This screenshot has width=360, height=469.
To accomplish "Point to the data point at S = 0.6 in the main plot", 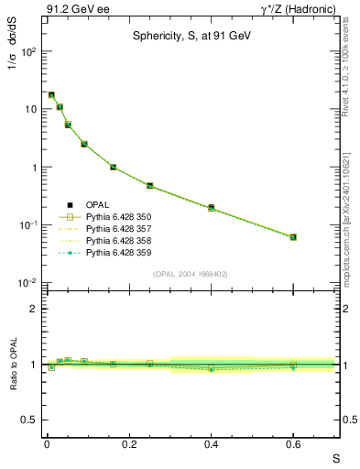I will (293, 237).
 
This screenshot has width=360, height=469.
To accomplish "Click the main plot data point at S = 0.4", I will (211, 208).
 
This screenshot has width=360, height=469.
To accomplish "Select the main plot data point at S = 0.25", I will (149, 186).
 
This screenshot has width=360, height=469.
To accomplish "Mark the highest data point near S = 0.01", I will (51, 94).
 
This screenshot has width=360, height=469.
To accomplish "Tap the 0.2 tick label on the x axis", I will (128, 445).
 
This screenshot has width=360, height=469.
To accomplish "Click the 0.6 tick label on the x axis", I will (293, 445).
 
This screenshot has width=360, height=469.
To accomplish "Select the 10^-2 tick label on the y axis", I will (27, 283).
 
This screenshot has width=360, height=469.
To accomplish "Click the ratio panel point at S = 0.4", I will (211, 368).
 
